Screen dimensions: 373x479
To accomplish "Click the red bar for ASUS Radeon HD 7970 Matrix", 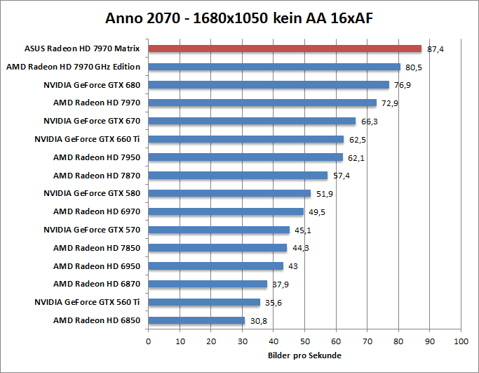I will [285, 48].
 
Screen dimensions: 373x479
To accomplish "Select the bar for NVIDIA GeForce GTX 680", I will [269, 85].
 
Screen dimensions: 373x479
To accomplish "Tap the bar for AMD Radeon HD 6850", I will [196, 320].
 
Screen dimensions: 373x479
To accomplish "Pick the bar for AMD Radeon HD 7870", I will [238, 176].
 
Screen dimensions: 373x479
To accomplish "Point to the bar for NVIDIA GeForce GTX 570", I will [219, 230].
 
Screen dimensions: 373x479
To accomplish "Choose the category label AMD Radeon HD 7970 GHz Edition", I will [73, 67].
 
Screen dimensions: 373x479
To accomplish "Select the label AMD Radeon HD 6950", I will [97, 266].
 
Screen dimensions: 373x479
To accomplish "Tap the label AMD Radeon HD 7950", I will [97, 157].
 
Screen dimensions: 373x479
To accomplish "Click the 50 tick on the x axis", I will [304, 341].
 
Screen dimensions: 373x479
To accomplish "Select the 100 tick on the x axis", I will [461, 341].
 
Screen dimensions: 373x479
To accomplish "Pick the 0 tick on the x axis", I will [148, 341].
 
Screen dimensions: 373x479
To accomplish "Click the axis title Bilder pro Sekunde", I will [304, 355].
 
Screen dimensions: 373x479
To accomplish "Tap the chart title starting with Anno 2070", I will [239, 18].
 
